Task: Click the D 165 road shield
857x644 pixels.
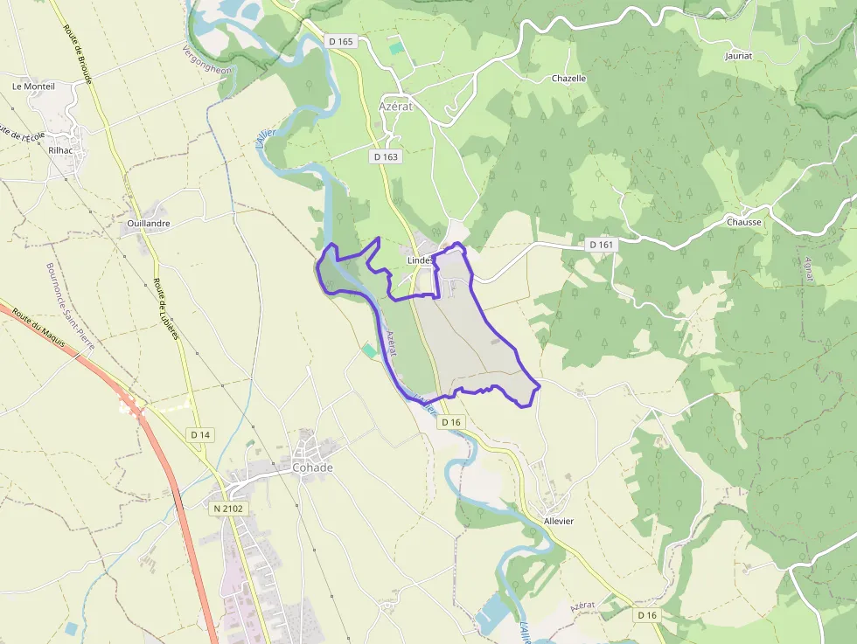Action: click(340, 41)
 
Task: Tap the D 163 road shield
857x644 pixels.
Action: click(386, 156)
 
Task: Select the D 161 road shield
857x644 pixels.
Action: click(602, 245)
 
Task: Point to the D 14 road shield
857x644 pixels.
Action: click(200, 434)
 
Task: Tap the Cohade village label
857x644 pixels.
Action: click(312, 467)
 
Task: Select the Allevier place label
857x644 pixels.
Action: click(558, 521)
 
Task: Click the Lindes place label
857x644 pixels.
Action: click(420, 260)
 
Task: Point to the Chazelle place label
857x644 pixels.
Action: click(568, 79)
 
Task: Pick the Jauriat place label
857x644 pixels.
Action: click(739, 56)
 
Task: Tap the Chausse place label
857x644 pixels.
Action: click(744, 222)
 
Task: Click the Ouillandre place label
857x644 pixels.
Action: click(149, 224)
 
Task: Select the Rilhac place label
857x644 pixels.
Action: click(62, 149)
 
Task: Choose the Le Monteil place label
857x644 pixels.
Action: click(33, 87)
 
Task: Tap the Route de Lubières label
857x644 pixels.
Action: click(166, 308)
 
